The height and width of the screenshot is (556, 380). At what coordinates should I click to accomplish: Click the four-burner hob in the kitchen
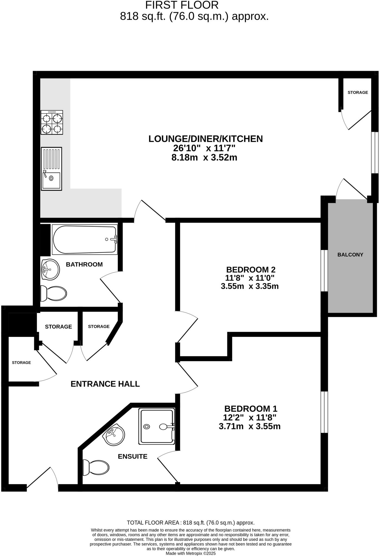52,122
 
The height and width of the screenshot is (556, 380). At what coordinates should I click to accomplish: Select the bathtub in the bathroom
84,239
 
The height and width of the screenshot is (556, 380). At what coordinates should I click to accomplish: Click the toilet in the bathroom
53,293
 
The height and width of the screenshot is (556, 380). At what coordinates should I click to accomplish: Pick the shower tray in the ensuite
156,427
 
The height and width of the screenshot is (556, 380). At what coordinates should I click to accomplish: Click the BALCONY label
350,255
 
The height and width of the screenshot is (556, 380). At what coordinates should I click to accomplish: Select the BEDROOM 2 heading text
251,270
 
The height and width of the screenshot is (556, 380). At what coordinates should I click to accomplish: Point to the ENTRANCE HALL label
105,384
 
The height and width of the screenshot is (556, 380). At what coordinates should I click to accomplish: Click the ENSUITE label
132,456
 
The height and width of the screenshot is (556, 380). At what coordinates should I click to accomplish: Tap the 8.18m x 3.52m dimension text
204,157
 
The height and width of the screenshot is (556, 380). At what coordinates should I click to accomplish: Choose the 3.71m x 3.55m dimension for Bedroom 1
249,426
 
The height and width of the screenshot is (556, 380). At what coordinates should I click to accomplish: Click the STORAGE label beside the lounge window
358,92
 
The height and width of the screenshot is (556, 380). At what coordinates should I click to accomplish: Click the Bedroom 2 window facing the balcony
324,271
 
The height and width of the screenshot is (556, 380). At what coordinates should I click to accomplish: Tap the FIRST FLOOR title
182,5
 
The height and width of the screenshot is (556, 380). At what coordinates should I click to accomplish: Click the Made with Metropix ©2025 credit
191,553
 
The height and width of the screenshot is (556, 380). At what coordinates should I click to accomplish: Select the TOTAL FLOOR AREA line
191,523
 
